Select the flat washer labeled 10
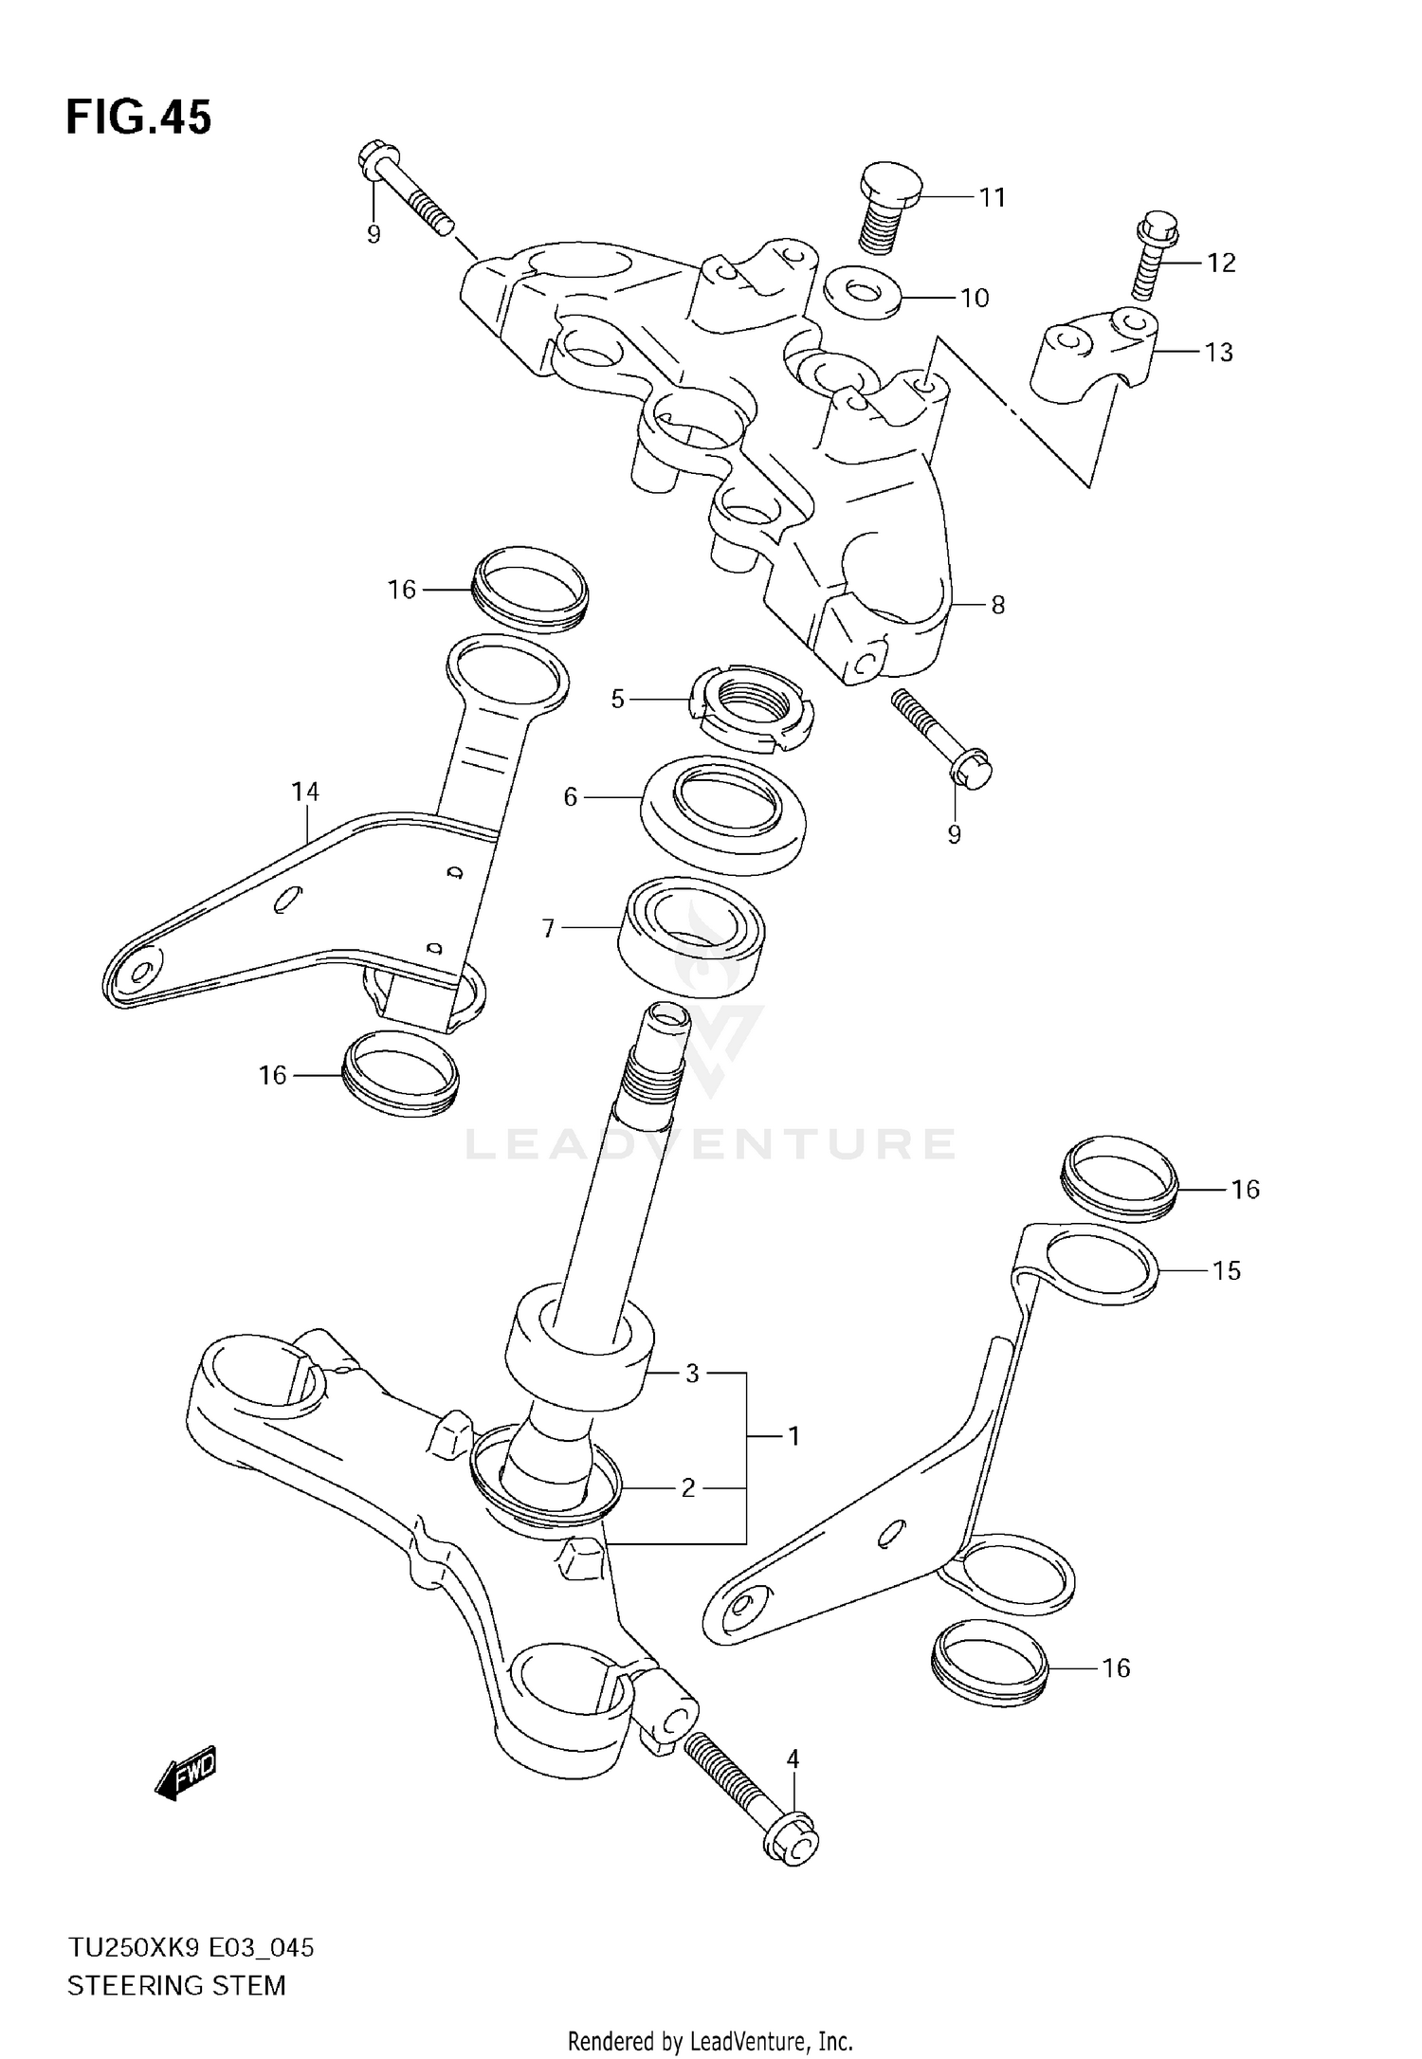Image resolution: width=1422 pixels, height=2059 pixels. [x=861, y=290]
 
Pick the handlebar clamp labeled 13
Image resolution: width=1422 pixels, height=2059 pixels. [x=1093, y=358]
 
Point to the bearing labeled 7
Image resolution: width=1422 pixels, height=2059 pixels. [x=692, y=936]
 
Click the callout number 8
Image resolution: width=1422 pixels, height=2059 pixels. [x=997, y=605]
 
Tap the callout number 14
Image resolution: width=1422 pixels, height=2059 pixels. [x=305, y=792]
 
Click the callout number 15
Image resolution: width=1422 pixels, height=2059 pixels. [x=1226, y=1270]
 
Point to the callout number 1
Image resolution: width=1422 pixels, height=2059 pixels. [x=793, y=1436]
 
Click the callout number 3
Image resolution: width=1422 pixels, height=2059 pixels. [x=692, y=1373]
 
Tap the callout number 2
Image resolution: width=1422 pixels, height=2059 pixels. [x=688, y=1487]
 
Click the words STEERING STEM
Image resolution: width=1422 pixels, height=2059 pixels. [x=176, y=1985]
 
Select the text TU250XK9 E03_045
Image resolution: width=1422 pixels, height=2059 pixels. [x=190, y=1948]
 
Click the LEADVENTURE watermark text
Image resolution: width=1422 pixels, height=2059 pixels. [x=709, y=1144]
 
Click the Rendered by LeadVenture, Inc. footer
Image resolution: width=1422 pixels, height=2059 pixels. [x=710, y=2041]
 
